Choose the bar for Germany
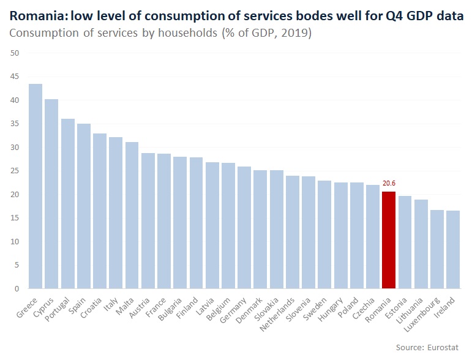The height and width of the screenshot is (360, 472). (244, 227)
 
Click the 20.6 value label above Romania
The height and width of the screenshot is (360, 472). (388, 183)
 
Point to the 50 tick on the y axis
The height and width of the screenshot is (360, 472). (15, 53)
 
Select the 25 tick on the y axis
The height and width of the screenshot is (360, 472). (15, 171)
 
